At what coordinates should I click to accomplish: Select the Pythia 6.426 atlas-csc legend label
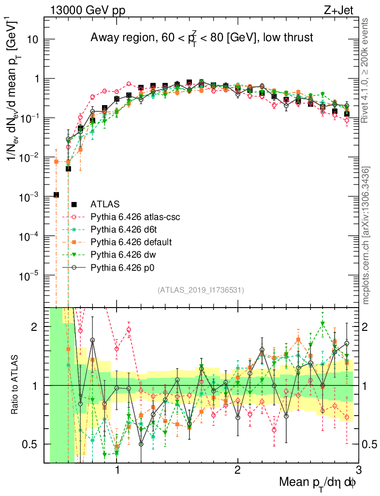tap(135, 217)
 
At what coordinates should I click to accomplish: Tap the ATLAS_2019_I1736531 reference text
tap(201, 290)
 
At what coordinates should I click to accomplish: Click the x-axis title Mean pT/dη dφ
tap(318, 482)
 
